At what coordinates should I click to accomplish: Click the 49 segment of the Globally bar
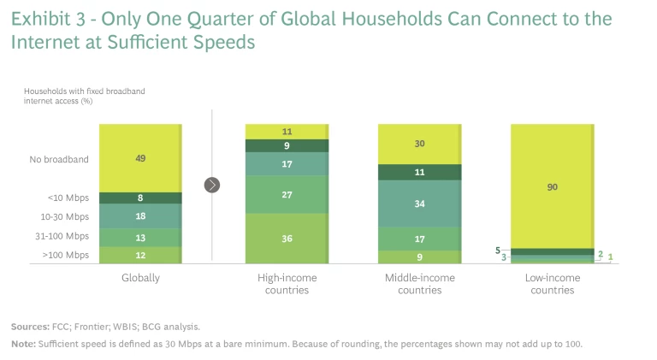click(139, 158)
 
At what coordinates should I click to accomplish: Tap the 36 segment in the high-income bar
click(286, 238)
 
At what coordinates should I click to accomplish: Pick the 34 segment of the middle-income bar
click(418, 204)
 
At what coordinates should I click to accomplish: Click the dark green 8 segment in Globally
click(139, 198)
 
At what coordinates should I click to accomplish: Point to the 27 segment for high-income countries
click(286, 194)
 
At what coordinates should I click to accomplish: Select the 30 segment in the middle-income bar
click(418, 144)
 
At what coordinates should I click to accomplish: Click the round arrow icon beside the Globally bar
click(212, 185)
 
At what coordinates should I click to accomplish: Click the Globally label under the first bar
click(139, 278)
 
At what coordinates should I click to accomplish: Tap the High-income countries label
click(286, 284)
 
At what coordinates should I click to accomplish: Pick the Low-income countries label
click(552, 284)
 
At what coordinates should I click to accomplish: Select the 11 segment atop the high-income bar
click(286, 132)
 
